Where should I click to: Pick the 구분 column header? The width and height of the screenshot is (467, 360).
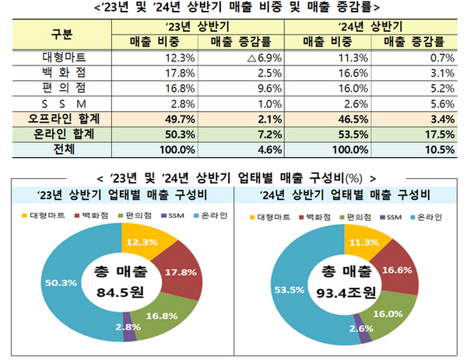pos(63,34)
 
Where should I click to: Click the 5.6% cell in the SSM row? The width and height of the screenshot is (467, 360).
pos(432,103)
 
